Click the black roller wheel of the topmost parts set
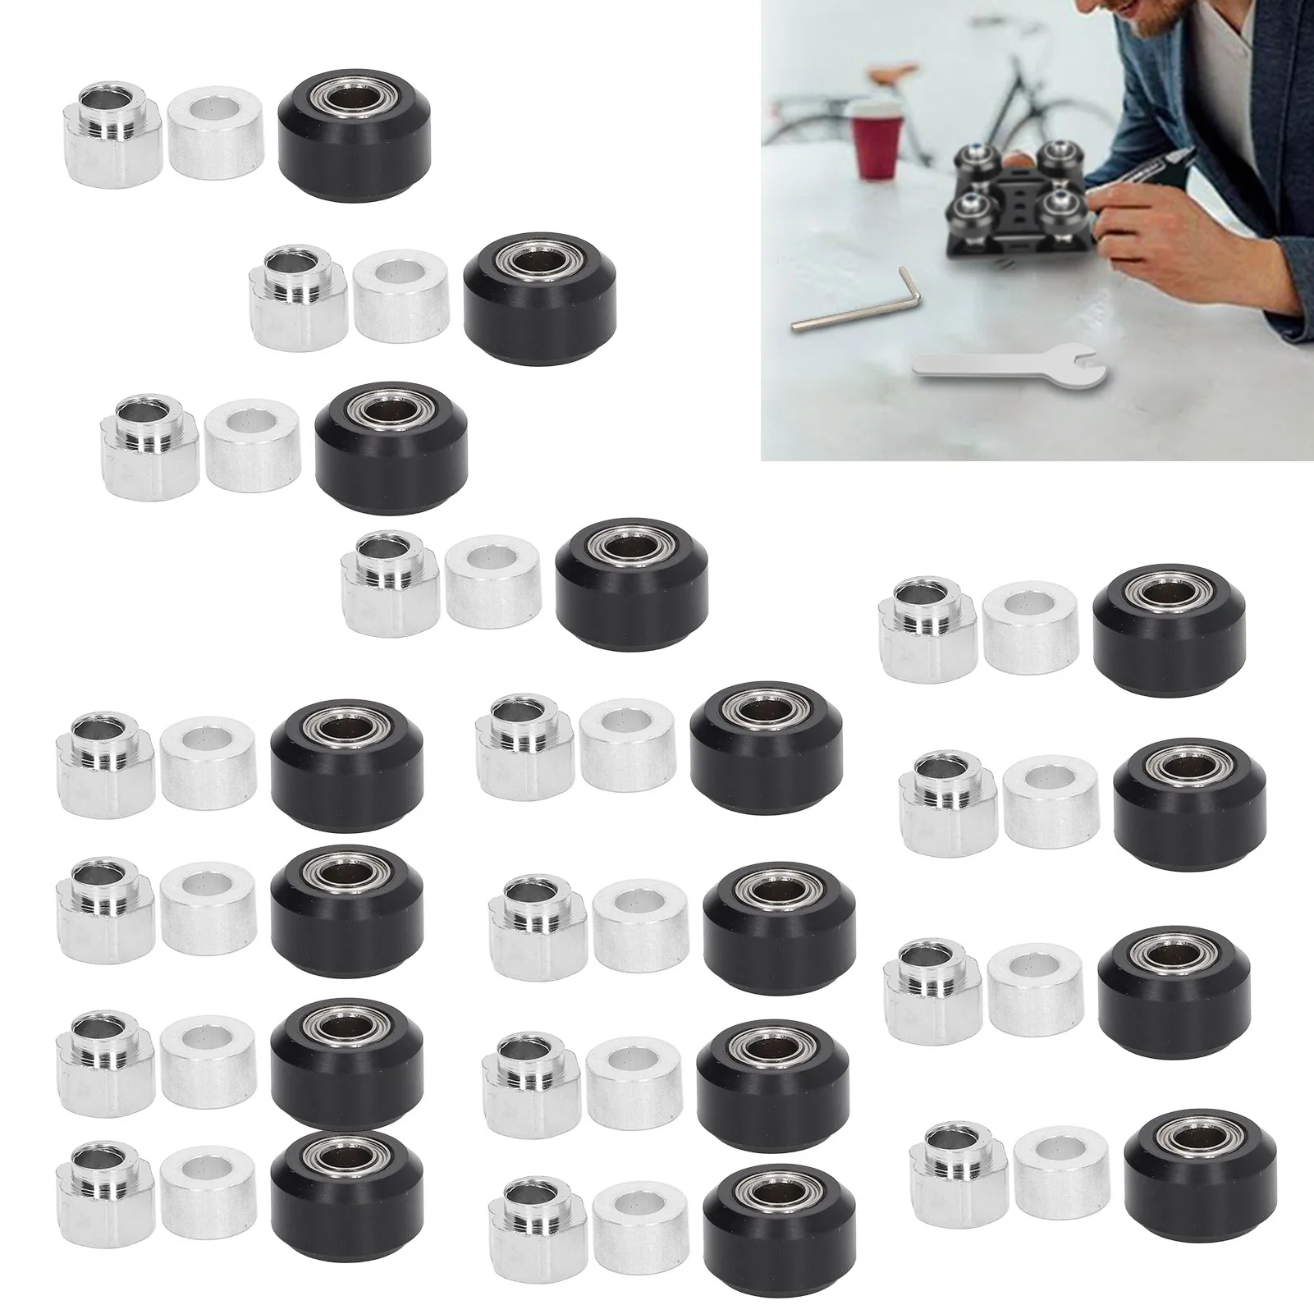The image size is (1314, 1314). [355, 131]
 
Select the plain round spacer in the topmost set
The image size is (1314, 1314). [217, 130]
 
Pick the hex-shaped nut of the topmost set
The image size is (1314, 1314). [114, 131]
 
